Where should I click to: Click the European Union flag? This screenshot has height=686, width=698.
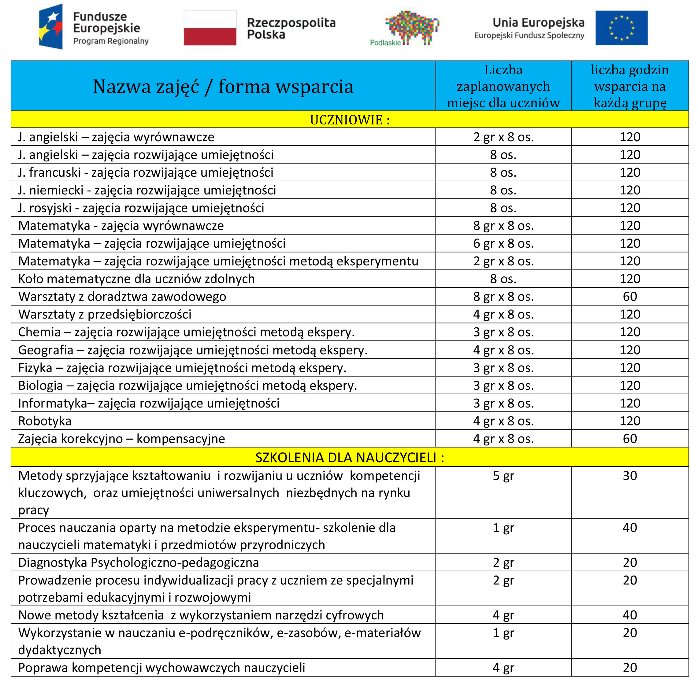click(621, 28)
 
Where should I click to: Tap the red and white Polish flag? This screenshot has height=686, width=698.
click(210, 28)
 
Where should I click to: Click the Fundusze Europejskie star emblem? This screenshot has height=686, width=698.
click(51, 26)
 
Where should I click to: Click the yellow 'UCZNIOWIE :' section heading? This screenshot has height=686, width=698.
click(349, 120)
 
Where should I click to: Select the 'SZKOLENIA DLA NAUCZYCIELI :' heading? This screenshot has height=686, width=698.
click(349, 458)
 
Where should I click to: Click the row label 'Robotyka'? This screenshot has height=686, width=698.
click(45, 421)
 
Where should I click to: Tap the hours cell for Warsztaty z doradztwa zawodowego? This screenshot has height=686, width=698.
click(629, 297)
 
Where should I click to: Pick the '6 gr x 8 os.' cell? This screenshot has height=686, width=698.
click(503, 244)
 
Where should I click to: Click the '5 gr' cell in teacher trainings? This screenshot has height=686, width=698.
click(503, 476)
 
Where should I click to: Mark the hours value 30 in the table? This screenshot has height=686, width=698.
click(629, 476)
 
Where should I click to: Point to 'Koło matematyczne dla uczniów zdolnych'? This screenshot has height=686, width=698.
click(136, 279)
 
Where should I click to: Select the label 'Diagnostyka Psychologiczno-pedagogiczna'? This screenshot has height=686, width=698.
click(139, 563)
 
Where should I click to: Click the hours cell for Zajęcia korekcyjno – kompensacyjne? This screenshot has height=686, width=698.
click(629, 439)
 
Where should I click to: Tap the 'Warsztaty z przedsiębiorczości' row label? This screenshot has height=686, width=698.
click(105, 315)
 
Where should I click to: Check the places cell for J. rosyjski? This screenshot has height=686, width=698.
click(503, 208)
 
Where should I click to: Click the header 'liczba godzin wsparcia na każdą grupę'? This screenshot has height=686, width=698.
click(629, 87)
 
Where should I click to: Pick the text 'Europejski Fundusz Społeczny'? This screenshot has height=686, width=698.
click(529, 36)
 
